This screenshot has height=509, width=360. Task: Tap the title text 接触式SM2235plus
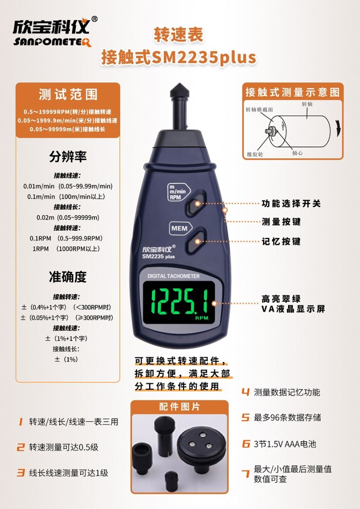click(x=179, y=57)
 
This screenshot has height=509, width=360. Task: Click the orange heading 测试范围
click(x=68, y=94)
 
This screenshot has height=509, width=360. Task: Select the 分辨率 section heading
click(x=68, y=156)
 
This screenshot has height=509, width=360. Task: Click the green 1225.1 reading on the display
click(x=179, y=301)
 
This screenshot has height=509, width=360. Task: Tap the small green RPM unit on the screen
click(x=201, y=318)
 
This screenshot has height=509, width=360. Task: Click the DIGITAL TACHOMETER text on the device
click(x=173, y=276)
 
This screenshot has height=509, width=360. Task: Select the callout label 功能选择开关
click(x=291, y=204)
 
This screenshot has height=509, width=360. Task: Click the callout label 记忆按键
click(x=281, y=241)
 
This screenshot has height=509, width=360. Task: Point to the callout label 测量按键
click(x=281, y=222)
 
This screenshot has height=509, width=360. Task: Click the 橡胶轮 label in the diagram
click(x=255, y=154)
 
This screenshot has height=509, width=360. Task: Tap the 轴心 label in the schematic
click(x=297, y=153)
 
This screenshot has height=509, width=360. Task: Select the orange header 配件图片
click(x=179, y=407)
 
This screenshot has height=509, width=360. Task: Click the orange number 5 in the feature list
click(x=245, y=418)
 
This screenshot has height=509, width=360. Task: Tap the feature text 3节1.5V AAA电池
click(x=285, y=444)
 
